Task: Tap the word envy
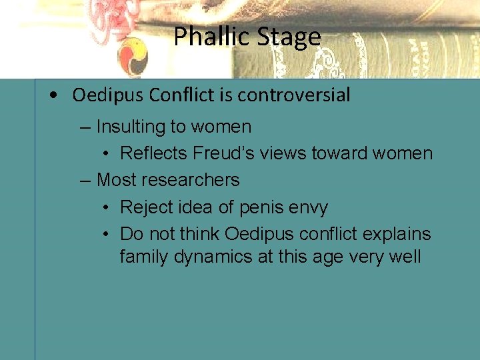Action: tap(307, 208)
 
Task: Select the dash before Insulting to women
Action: tap(84, 127)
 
